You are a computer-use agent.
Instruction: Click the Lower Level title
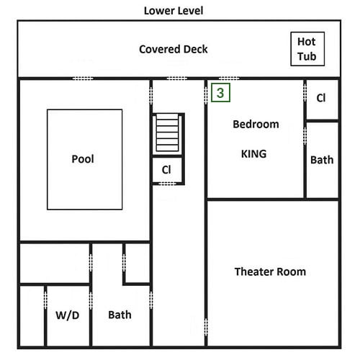pyautogui.click(x=174, y=11)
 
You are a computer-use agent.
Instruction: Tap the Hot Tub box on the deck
pyautogui.click(x=307, y=49)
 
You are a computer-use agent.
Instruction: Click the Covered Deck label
pyautogui.click(x=174, y=49)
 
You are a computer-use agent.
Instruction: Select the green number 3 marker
pyautogui.click(x=220, y=93)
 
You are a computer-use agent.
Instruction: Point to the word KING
pyautogui.click(x=253, y=154)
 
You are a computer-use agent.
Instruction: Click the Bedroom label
pyautogui.click(x=256, y=125)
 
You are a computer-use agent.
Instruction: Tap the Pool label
pyautogui.click(x=83, y=159)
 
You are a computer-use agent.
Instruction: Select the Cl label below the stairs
pyautogui.click(x=166, y=170)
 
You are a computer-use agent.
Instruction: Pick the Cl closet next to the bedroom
pyautogui.click(x=321, y=98)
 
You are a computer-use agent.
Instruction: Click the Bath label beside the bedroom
pyautogui.click(x=322, y=160)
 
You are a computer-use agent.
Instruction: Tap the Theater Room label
pyautogui.click(x=270, y=272)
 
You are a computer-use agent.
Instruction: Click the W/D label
pyautogui.click(x=68, y=315)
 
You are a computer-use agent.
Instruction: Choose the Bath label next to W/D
pyautogui.click(x=120, y=315)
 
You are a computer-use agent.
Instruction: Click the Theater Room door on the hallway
pyautogui.click(x=206, y=328)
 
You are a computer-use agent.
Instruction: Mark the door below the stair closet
pyautogui.click(x=168, y=184)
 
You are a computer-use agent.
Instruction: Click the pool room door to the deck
pyautogui.click(x=83, y=78)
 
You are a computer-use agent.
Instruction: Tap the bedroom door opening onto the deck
pyautogui.click(x=229, y=78)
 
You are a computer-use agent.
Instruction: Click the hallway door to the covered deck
pyautogui.click(x=177, y=78)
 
